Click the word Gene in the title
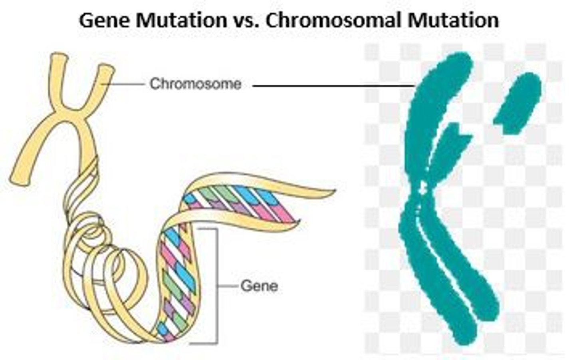(105, 20)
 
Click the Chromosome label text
(195, 84)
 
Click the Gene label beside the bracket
(259, 286)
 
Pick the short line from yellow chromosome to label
(124, 84)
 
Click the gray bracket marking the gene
(216, 286)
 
